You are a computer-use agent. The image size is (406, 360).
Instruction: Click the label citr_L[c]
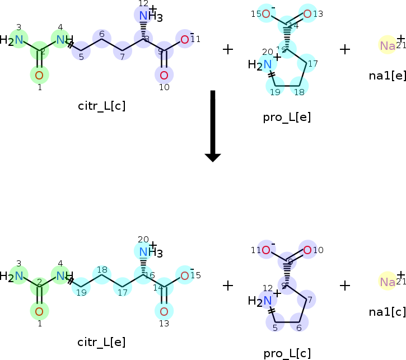tap(101, 106)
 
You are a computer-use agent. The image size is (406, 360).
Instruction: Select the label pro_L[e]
tap(286, 117)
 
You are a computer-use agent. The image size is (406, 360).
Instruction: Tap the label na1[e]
tap(388, 76)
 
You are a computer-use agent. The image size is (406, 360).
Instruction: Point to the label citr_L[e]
tap(101, 342)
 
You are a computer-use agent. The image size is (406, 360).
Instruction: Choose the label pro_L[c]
tap(287, 353)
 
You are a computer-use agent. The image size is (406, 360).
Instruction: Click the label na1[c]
tap(388, 311)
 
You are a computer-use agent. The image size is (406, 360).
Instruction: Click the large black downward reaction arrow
tap(212, 125)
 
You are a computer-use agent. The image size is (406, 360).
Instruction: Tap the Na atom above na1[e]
tap(388, 45)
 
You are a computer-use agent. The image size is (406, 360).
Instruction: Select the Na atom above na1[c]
tap(388, 282)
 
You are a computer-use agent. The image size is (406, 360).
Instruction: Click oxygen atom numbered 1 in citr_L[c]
tap(39, 75)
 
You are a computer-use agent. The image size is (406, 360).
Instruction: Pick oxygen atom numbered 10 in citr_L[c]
tap(164, 75)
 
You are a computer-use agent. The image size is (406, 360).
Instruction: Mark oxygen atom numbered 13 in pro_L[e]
tap(307, 14)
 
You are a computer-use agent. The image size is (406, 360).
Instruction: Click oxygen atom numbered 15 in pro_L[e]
tap(267, 14)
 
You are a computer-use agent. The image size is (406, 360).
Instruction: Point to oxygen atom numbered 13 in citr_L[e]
tap(164, 311)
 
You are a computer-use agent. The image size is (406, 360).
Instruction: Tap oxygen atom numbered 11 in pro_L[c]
tap(267, 250)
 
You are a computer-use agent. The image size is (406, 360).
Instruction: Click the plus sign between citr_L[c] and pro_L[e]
tap(227, 49)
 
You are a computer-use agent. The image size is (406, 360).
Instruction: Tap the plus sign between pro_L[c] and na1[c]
tap(345, 286)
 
